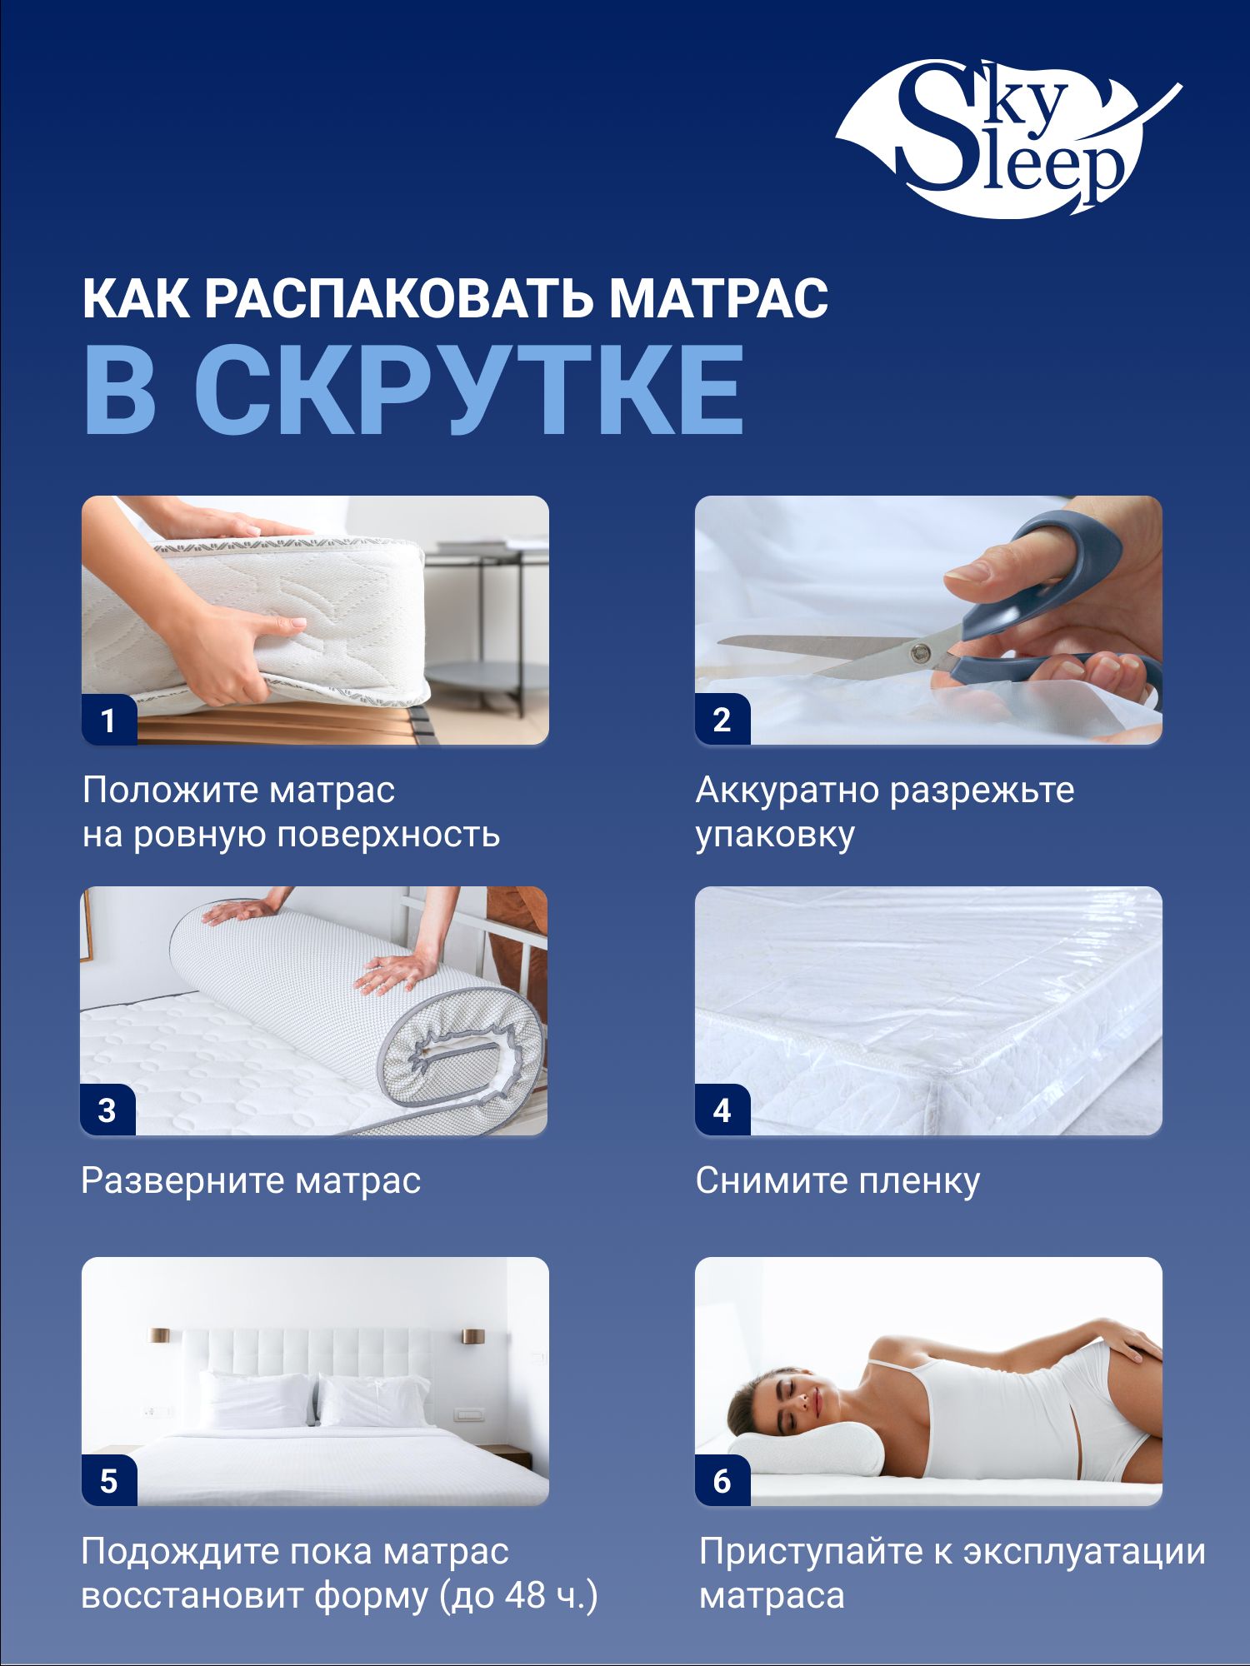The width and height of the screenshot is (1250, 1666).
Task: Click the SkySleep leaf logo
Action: point(1008,137)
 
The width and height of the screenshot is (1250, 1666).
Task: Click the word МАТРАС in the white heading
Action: point(719,298)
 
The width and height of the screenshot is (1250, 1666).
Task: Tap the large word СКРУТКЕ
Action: point(469,389)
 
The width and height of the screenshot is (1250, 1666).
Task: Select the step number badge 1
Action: point(108,720)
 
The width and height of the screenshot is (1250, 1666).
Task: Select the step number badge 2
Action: point(722,720)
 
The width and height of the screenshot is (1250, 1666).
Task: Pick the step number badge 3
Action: point(107,1110)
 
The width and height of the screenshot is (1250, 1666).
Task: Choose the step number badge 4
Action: point(722,1110)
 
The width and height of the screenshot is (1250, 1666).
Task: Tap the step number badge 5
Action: point(108,1481)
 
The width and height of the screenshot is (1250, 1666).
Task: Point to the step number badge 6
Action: point(722,1481)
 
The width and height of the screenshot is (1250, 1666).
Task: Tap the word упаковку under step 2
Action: point(775,835)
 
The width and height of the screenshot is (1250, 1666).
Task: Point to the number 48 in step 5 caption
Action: point(525,1595)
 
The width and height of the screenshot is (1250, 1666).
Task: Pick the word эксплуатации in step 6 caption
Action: point(1085,1552)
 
